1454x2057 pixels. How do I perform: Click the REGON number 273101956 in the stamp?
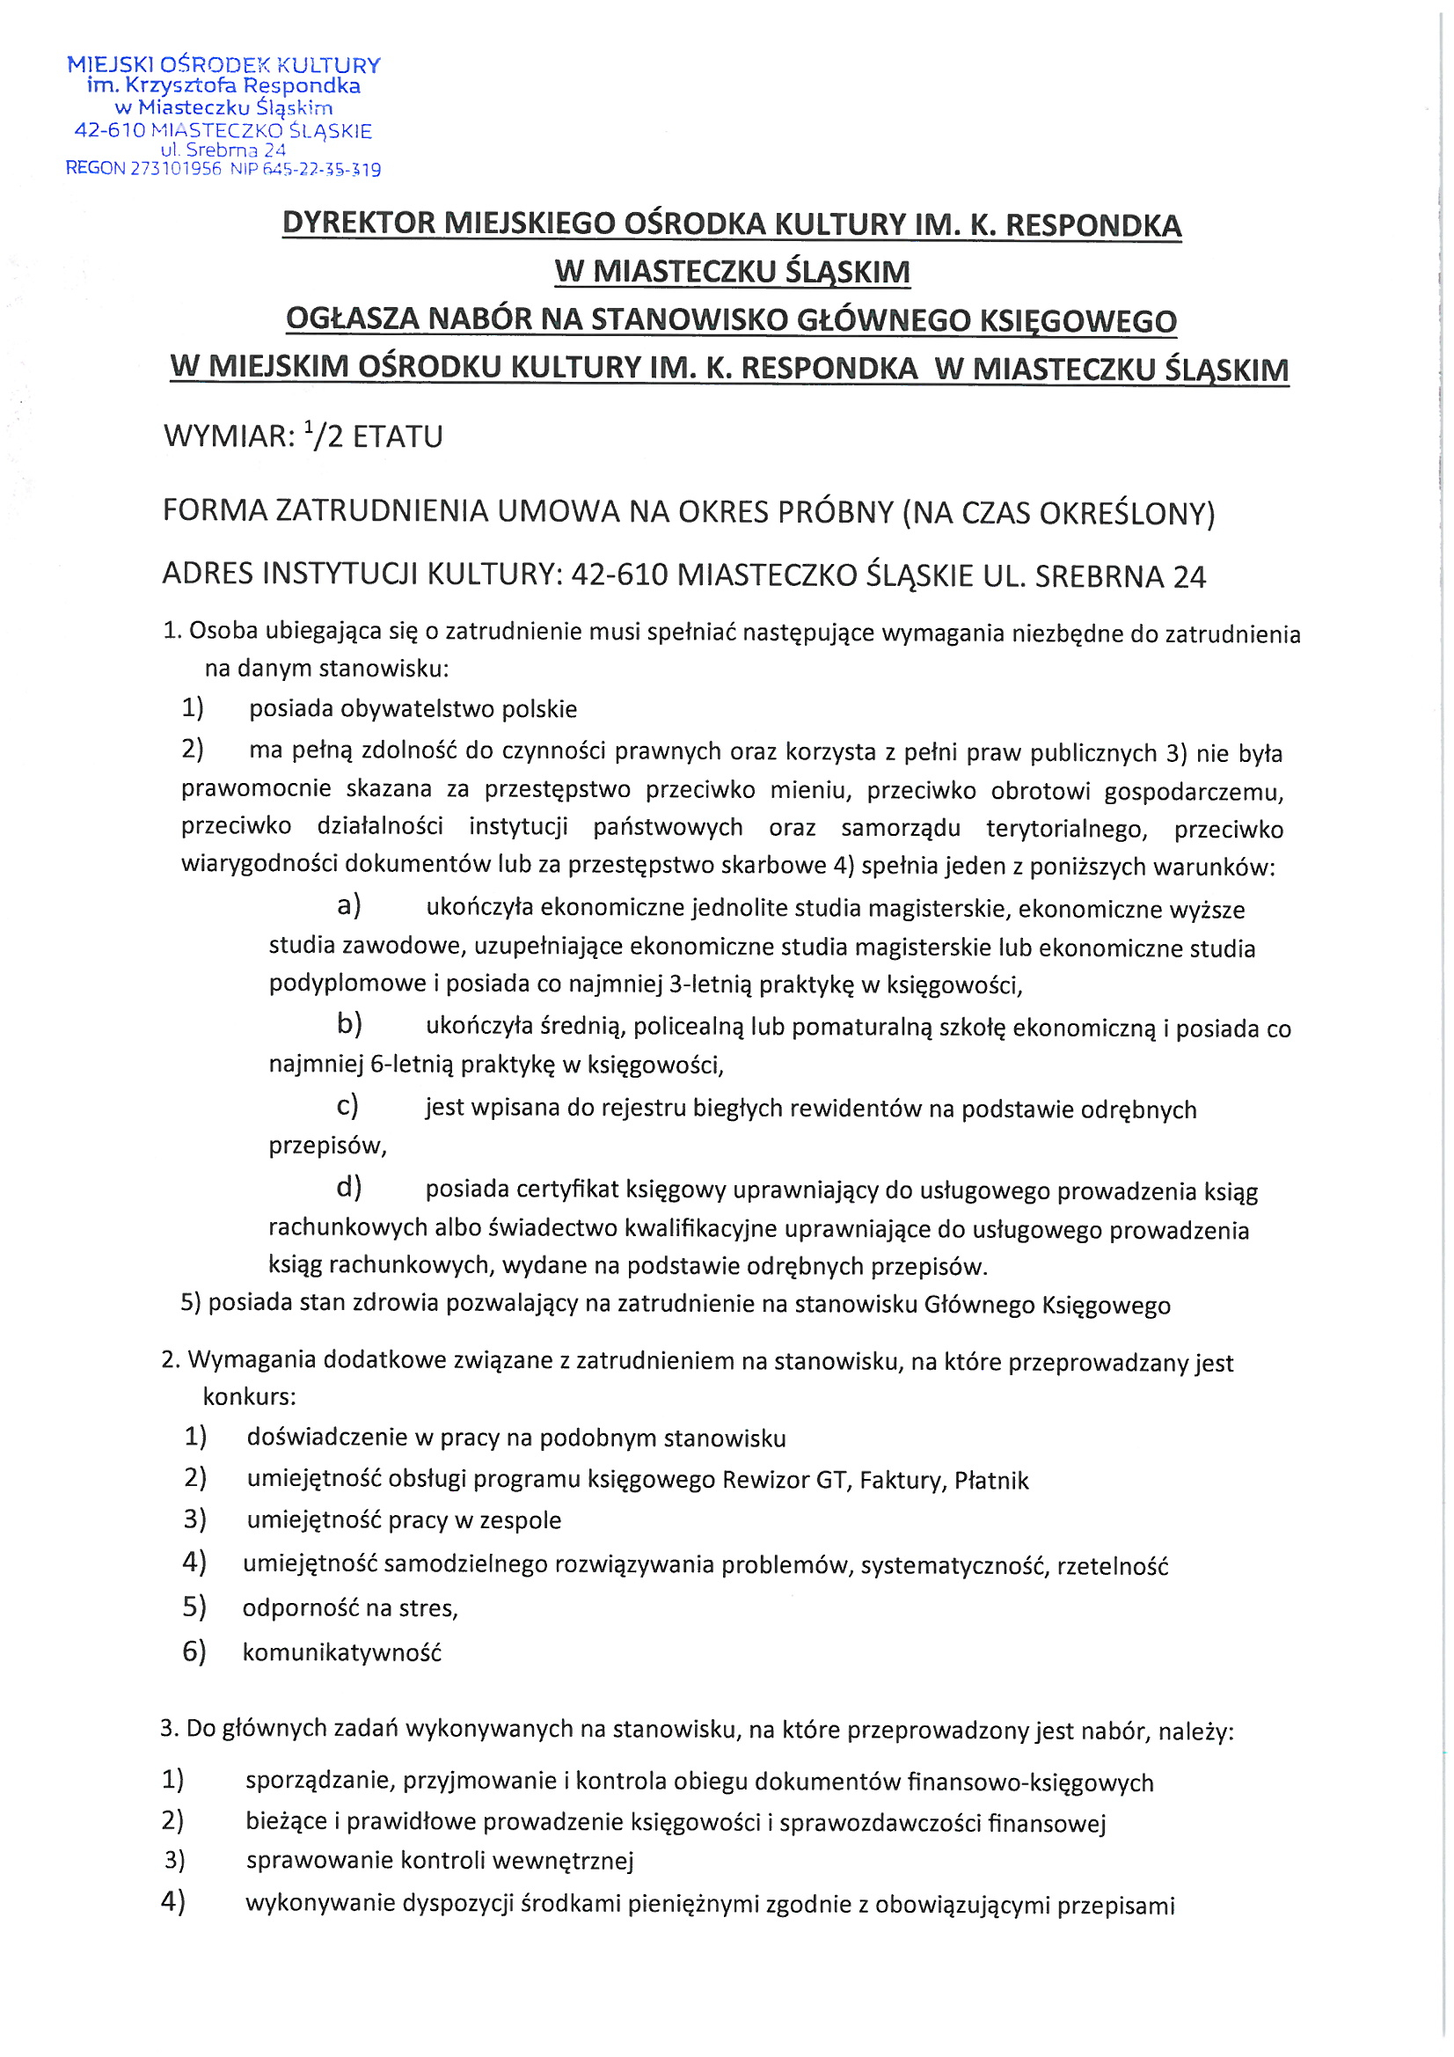(x=176, y=168)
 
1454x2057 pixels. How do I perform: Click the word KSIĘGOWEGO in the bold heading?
(x=1076, y=320)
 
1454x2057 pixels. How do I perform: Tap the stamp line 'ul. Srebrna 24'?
(x=223, y=150)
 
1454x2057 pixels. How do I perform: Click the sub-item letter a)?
(x=348, y=905)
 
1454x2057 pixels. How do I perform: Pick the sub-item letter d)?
(x=348, y=1188)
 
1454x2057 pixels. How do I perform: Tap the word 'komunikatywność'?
(x=342, y=1652)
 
